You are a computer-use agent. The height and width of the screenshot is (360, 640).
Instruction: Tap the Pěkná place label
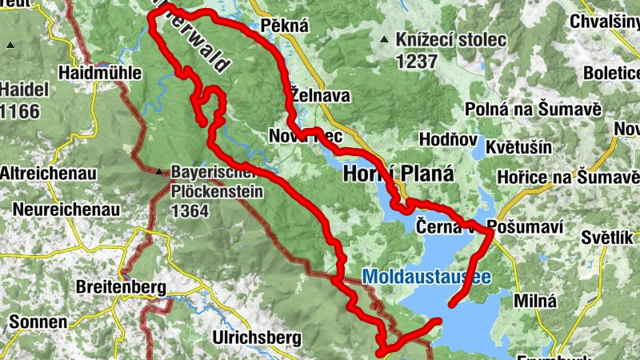[284, 26]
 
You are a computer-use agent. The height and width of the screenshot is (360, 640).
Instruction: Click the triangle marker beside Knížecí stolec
[386, 39]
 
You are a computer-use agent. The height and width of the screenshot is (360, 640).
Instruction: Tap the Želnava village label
[320, 95]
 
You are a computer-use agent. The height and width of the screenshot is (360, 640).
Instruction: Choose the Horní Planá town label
[398, 174]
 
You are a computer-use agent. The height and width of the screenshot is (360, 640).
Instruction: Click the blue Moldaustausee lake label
[425, 277]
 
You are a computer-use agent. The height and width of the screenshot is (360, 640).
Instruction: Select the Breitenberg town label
[120, 286]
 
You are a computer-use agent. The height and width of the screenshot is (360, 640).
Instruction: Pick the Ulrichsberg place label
[255, 338]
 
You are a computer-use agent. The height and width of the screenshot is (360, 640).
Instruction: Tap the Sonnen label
[38, 322]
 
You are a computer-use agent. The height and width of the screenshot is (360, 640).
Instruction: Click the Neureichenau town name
[66, 210]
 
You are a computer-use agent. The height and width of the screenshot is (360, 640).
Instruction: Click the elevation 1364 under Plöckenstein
[190, 211]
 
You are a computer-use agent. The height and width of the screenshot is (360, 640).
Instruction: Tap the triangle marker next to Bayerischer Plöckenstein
[161, 171]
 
